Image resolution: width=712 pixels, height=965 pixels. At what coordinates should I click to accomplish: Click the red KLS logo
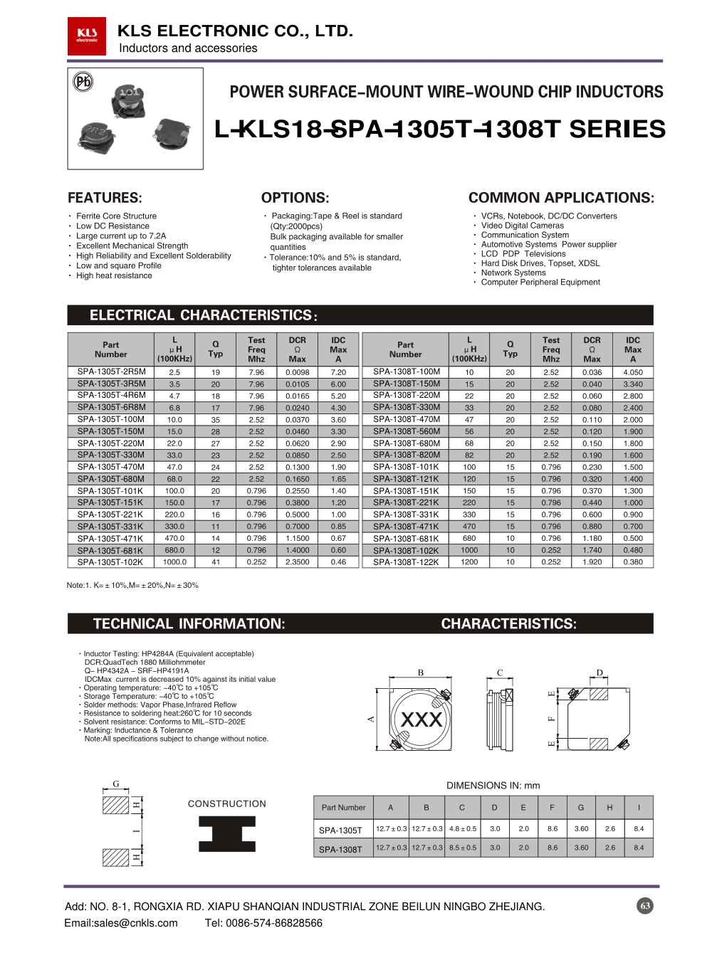(87, 36)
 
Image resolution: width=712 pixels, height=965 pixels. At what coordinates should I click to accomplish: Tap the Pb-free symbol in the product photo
(83, 82)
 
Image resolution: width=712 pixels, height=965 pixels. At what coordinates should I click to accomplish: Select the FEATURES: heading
(105, 198)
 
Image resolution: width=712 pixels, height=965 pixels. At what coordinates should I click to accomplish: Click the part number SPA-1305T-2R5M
(111, 371)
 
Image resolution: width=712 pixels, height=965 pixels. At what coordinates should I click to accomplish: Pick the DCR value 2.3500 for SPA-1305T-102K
(297, 562)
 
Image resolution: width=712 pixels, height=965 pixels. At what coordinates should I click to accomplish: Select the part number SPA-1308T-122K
(406, 562)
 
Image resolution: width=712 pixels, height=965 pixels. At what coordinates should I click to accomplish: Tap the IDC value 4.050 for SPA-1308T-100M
(632, 372)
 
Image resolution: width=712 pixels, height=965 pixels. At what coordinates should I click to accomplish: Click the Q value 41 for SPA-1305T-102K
(216, 562)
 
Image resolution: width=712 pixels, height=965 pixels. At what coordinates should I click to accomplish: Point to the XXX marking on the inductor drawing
(422, 719)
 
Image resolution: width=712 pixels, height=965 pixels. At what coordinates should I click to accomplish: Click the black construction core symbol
(227, 833)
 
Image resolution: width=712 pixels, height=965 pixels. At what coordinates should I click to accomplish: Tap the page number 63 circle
(645, 906)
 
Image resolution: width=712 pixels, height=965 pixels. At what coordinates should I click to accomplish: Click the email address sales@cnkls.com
(121, 923)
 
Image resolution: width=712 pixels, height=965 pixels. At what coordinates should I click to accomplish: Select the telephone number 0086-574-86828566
(263, 923)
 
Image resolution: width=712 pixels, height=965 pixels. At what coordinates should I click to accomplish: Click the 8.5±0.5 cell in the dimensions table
(463, 848)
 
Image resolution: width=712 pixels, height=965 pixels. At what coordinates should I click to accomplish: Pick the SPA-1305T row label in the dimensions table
(340, 830)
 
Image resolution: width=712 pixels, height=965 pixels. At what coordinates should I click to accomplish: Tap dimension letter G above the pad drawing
(116, 784)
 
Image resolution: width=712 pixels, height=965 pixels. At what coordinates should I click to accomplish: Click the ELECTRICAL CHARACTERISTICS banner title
(204, 315)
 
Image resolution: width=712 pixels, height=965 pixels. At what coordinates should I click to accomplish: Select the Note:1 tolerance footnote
(132, 585)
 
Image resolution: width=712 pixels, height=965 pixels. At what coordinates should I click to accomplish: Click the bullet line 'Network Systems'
(513, 273)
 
